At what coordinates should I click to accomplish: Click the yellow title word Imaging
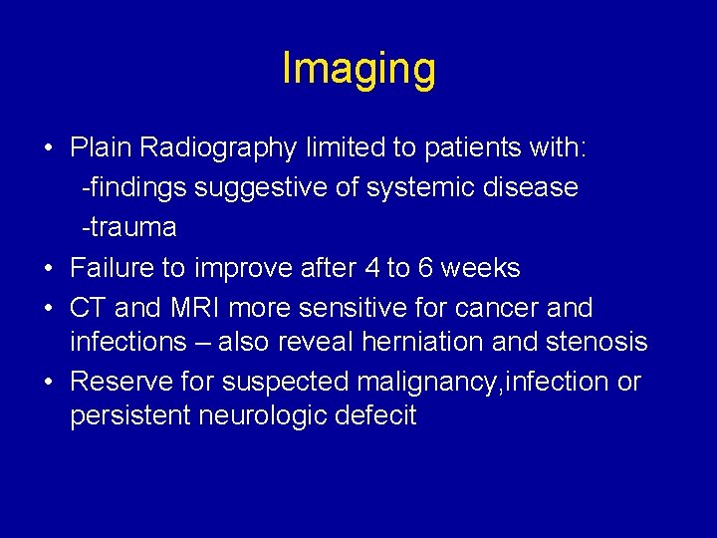(358, 69)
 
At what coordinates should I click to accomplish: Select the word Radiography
(218, 148)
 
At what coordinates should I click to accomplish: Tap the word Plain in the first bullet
(102, 148)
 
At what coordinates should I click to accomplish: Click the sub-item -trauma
(129, 228)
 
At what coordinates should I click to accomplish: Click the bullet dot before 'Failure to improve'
(49, 269)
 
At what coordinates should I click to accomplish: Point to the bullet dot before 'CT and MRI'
(49, 309)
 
